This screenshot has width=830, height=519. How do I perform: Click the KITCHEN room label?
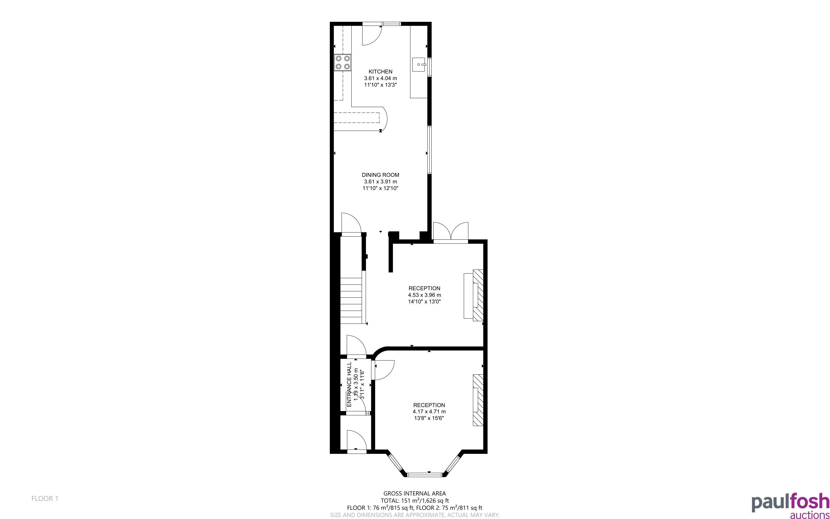(x=380, y=71)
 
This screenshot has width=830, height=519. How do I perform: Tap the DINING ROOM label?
(x=380, y=175)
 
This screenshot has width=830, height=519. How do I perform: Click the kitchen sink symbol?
(x=419, y=65)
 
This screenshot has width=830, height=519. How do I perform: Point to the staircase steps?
(x=352, y=300)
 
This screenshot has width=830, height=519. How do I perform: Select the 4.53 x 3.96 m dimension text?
(x=424, y=295)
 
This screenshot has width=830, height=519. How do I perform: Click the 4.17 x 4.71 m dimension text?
(x=429, y=412)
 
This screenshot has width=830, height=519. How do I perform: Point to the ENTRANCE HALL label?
(x=349, y=384)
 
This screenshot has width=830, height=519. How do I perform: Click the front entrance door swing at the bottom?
(x=356, y=439)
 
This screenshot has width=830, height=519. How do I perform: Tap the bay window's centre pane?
(x=425, y=475)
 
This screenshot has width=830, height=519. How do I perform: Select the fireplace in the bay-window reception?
(x=478, y=400)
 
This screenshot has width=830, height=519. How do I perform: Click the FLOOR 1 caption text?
(x=45, y=498)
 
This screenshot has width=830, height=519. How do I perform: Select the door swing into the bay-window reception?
(x=384, y=370)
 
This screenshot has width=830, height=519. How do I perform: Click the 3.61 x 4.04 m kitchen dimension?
(x=381, y=78)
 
